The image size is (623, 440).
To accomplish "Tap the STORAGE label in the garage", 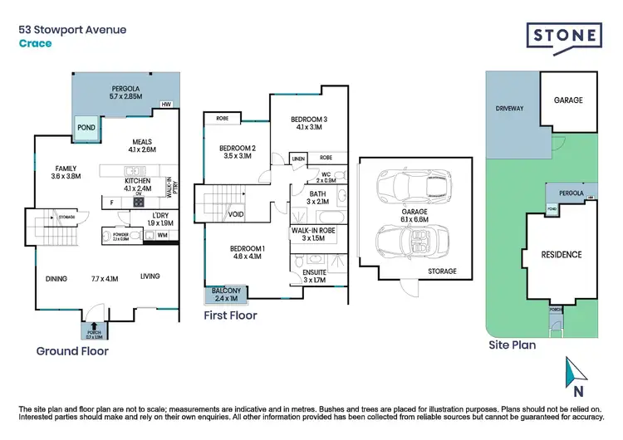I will pyautogui.click(x=442, y=271).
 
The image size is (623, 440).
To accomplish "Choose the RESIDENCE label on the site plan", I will pyautogui.click(x=562, y=254).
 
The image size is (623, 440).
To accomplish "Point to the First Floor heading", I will pyautogui.click(x=231, y=315).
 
